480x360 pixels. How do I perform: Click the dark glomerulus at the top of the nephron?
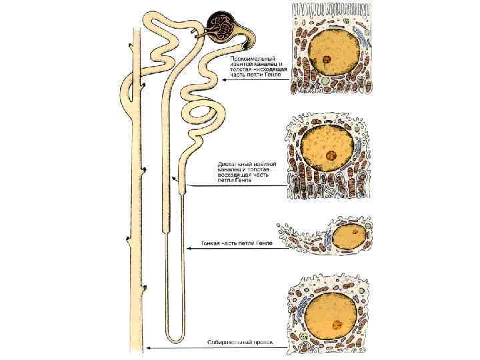pyautogui.click(x=219, y=25)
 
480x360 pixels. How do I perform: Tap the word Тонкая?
pyautogui.click(x=213, y=245)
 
